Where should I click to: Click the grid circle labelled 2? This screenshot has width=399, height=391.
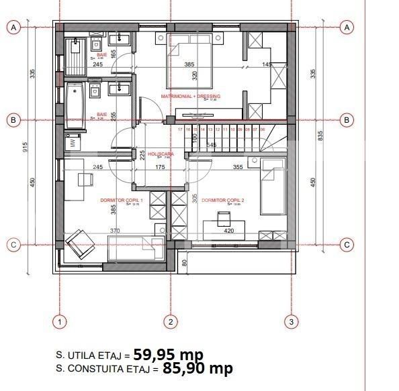pyautogui.click(x=171, y=323)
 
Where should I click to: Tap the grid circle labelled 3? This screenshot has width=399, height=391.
pyautogui.click(x=291, y=323)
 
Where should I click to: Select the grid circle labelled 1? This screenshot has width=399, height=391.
pyautogui.click(x=60, y=323)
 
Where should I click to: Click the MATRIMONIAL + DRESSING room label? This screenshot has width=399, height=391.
pyautogui.click(x=191, y=97)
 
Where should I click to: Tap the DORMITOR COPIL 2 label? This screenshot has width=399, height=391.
pyautogui.click(x=223, y=200)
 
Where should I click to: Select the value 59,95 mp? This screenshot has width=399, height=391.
pyautogui.click(x=168, y=354)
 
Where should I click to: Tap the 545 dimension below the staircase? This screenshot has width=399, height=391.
pyautogui.click(x=212, y=145)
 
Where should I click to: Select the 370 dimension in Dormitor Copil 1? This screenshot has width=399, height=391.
pyautogui.click(x=115, y=231)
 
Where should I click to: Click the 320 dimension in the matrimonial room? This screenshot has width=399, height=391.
pyautogui.click(x=195, y=75)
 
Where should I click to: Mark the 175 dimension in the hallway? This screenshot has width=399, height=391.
pyautogui.click(x=161, y=167)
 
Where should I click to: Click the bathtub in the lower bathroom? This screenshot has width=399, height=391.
pyautogui.click(x=75, y=105)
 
